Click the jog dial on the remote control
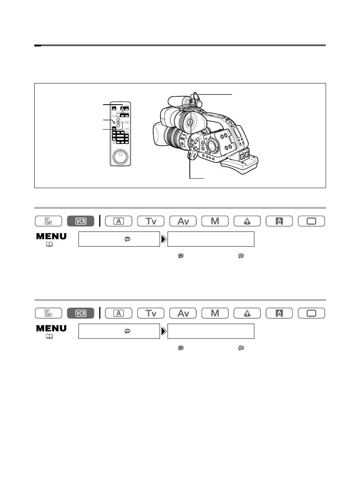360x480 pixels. point(120,157)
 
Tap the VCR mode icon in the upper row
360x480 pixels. point(81,221)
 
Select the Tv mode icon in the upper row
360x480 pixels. point(151,221)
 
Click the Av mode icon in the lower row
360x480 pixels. point(183,313)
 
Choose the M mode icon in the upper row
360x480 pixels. point(215,221)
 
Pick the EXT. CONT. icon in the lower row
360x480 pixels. point(49,313)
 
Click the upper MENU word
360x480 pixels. point(51,236)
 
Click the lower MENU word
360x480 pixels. point(51,329)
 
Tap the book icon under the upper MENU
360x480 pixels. point(49,244)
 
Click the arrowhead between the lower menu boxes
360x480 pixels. point(164,332)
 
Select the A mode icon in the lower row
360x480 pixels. point(118,313)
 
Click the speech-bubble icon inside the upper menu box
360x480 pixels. point(127,239)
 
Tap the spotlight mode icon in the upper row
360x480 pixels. point(247,221)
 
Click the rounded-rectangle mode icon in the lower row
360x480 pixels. point(311,313)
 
